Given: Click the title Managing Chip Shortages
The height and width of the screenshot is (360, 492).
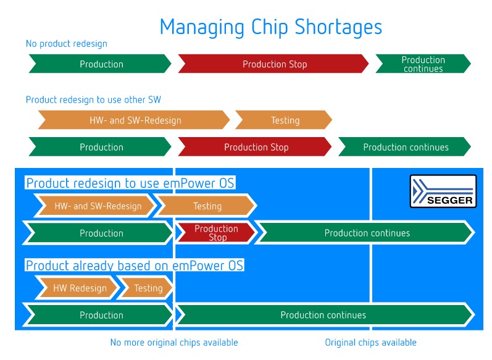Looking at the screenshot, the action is [271, 28].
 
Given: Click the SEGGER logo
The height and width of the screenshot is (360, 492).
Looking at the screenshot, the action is [443, 191].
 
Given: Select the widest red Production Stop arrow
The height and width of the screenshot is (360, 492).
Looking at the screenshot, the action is [273, 64].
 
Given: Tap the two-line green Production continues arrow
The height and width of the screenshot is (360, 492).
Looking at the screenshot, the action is [423, 64].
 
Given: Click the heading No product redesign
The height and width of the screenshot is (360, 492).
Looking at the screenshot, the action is [67, 44].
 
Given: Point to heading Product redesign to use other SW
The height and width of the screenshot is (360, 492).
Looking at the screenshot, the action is [93, 100].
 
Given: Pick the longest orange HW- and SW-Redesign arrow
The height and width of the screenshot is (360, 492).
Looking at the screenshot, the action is [134, 120].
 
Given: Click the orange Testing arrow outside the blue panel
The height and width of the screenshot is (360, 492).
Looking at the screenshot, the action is [283, 120].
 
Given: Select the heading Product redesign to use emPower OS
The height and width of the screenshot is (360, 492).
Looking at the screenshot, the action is [130, 183].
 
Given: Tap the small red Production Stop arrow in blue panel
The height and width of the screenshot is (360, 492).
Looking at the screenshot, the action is [217, 233].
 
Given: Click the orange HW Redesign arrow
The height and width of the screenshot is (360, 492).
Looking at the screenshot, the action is [78, 288].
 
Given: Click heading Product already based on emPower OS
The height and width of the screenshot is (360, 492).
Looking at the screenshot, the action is [135, 265].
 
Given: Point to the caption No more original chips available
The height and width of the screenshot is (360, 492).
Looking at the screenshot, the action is [174, 342].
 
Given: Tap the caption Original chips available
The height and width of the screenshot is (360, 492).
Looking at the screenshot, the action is [370, 342].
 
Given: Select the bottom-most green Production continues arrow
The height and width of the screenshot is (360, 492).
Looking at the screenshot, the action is [325, 314].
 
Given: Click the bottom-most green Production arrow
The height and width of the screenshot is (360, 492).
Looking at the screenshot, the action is [98, 314].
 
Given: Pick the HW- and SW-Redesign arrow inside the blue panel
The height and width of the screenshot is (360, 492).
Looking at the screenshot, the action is [95, 206].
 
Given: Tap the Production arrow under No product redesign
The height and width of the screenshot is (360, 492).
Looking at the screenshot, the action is [100, 64].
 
